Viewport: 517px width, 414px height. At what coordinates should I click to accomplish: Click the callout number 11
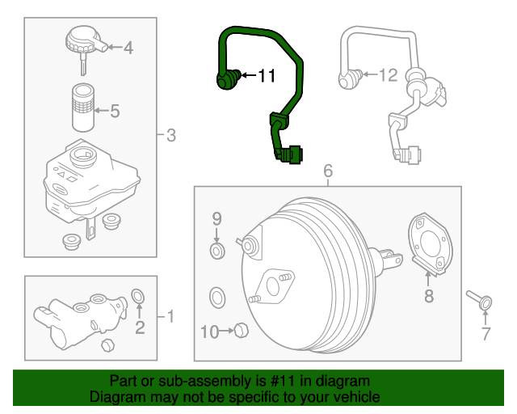(x=267, y=77)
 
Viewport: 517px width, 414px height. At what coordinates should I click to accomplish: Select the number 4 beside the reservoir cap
(x=127, y=48)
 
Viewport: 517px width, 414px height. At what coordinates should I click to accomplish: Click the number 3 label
(x=170, y=135)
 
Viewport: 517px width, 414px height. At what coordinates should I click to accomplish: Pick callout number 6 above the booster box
(x=328, y=171)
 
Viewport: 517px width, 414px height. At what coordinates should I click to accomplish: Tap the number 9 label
(x=216, y=218)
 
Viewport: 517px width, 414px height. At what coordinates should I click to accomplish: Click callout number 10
(x=208, y=331)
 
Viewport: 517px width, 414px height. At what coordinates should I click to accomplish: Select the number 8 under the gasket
(x=428, y=297)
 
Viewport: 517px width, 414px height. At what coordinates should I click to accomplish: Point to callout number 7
(x=485, y=333)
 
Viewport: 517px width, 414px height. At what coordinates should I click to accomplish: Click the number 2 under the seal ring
(x=139, y=327)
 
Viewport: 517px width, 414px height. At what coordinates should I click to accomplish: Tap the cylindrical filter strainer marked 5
(x=82, y=107)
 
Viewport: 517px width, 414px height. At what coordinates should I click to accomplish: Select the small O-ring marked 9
(x=216, y=253)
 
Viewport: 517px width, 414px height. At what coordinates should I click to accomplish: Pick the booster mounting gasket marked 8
(x=431, y=243)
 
